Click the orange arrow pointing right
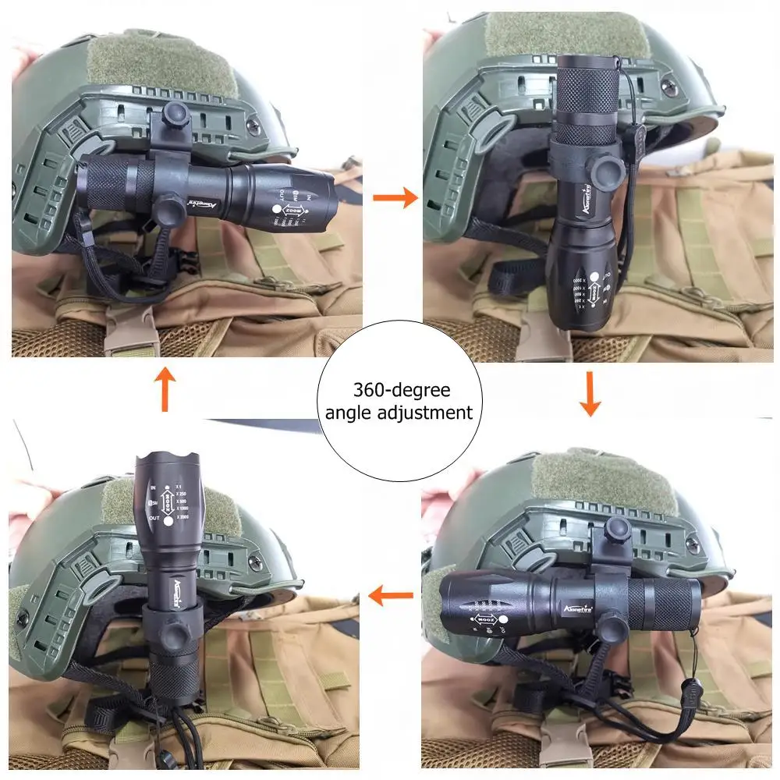click(x=395, y=198)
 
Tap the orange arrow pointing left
click(x=390, y=597)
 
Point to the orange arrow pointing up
click(x=165, y=388)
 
